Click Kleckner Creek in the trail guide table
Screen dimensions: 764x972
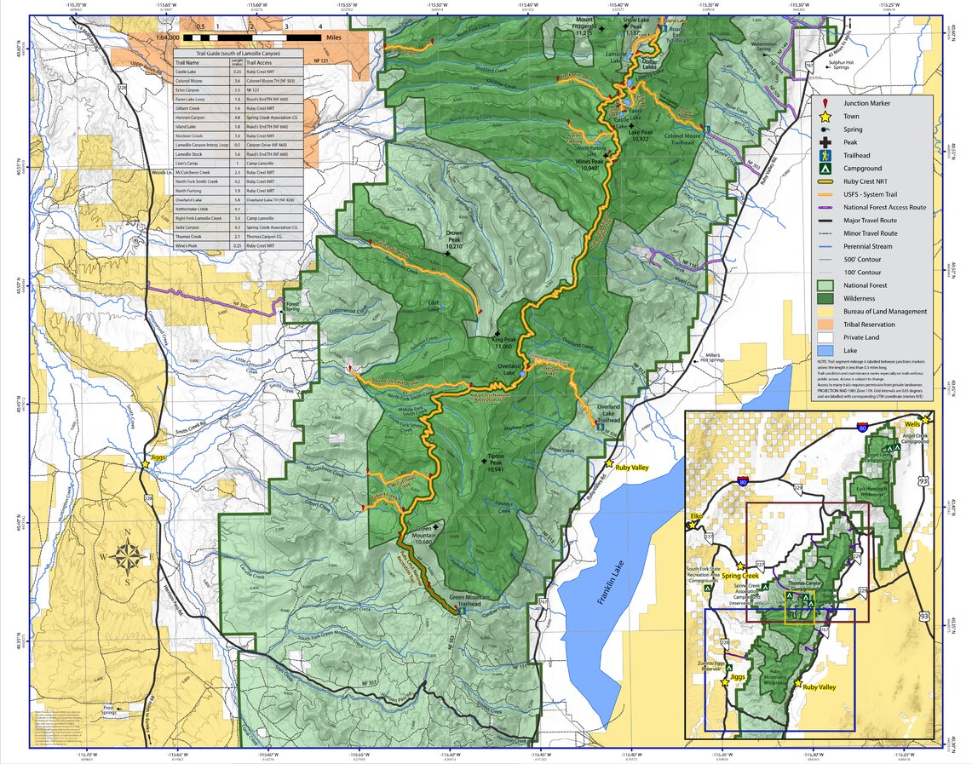coord(188,135)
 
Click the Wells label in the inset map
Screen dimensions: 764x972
coord(914,423)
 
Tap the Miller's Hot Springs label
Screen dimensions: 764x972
coord(713,358)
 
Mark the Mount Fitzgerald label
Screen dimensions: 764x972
coord(584,24)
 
